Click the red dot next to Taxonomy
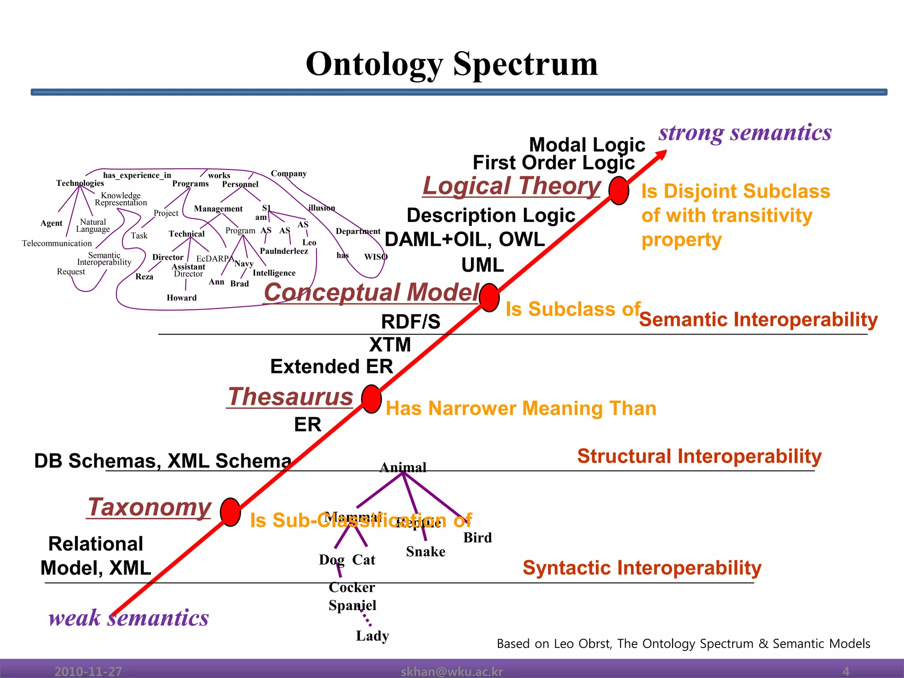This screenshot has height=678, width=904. click(x=230, y=512)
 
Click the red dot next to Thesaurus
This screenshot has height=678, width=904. click(x=371, y=399)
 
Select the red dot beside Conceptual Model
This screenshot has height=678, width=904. click(x=489, y=298)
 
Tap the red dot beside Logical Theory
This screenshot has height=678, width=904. click(x=618, y=191)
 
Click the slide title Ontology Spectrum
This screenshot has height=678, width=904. click(x=452, y=64)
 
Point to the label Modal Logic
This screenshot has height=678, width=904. click(x=587, y=145)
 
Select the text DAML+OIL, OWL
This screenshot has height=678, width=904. click(x=465, y=240)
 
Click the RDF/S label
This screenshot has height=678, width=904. click(x=411, y=322)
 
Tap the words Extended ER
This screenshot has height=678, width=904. click(x=331, y=366)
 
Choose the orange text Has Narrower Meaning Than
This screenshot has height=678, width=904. click(x=521, y=408)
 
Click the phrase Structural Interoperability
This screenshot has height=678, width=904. click(x=699, y=456)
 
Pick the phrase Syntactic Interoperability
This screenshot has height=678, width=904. click(x=642, y=568)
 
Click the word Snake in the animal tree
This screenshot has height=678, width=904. click(x=426, y=552)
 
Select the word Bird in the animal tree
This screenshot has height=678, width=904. click(x=477, y=538)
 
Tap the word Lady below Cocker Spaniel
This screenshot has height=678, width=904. click(x=372, y=636)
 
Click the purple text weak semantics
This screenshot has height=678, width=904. click(x=128, y=618)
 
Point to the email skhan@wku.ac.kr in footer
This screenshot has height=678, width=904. click(x=452, y=671)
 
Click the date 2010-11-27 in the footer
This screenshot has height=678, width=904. click(x=88, y=671)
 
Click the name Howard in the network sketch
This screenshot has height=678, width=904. click(x=181, y=298)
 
